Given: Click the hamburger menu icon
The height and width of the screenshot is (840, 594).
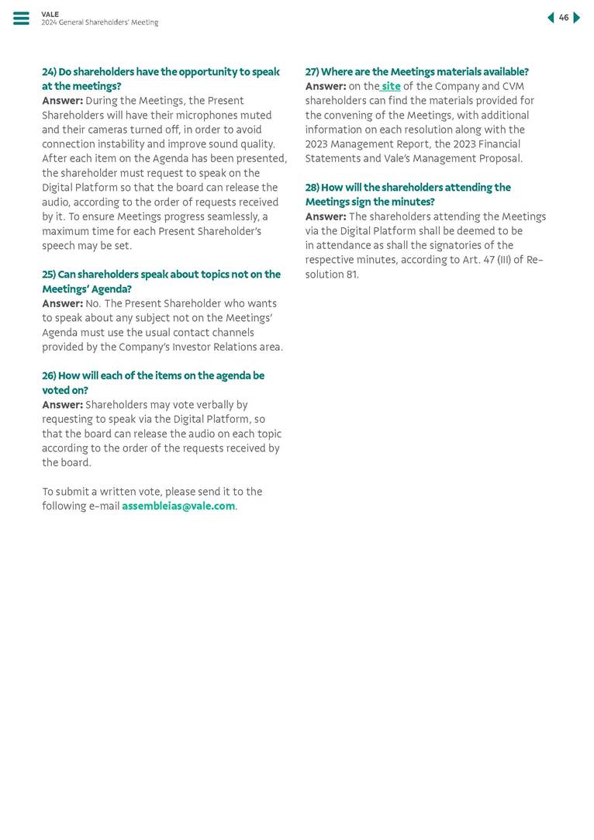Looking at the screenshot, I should click(21, 19).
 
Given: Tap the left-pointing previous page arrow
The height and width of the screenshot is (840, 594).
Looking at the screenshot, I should click(551, 18).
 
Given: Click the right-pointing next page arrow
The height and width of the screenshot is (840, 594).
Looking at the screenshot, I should click(577, 18).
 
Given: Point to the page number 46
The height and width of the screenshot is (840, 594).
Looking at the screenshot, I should click(564, 18).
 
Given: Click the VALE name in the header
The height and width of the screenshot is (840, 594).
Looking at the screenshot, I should click(50, 14).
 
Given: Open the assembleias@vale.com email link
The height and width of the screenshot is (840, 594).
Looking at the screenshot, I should click(178, 506).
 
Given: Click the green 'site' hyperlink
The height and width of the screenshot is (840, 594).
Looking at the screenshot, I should click(391, 86).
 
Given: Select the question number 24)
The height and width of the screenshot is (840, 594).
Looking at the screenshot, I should click(49, 72).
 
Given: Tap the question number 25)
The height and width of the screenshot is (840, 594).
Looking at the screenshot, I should click(49, 275).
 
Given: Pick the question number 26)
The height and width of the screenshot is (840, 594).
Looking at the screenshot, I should click(49, 376).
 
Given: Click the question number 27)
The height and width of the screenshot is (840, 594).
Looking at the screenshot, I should click(312, 72).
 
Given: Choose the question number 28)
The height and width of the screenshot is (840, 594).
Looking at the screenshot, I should click(312, 188).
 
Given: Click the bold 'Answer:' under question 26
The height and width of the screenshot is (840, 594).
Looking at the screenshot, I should click(62, 405).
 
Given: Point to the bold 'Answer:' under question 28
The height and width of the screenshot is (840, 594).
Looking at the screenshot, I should click(325, 216).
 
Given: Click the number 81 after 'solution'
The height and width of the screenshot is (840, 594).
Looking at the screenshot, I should click(352, 275).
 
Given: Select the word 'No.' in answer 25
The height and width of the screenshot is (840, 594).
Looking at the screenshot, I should click(94, 304).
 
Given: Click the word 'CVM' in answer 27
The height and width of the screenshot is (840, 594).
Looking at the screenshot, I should click(513, 86).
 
